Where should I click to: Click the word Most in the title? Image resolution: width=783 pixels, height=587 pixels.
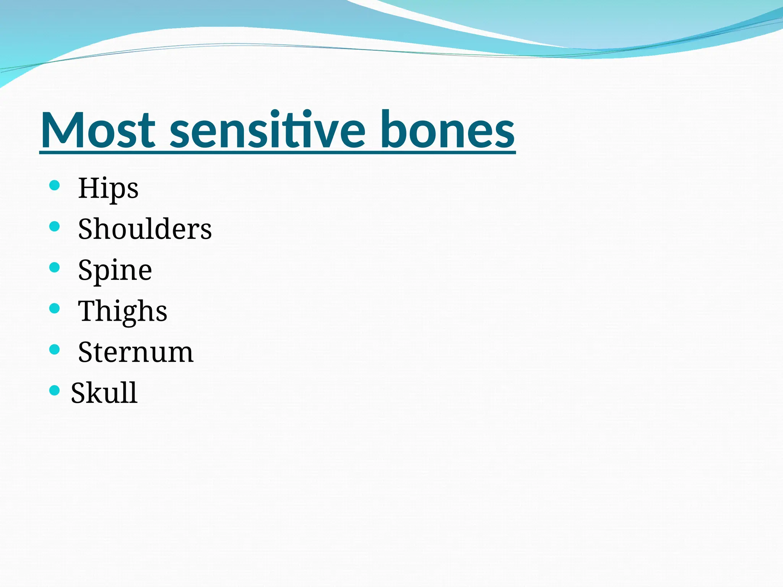pyautogui.click(x=98, y=130)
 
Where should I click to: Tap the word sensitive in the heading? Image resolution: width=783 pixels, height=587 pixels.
pyautogui.click(x=268, y=130)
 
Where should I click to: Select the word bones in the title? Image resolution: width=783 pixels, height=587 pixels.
pyautogui.click(x=448, y=130)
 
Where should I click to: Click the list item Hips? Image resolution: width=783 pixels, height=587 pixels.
pyautogui.click(x=108, y=188)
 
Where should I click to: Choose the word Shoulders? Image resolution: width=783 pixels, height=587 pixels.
pyautogui.click(x=145, y=229)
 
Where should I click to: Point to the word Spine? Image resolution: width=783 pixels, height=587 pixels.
pyautogui.click(x=115, y=271)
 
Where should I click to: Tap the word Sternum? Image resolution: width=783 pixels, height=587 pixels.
pyautogui.click(x=136, y=352)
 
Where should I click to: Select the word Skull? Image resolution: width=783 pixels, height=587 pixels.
pyautogui.click(x=104, y=393)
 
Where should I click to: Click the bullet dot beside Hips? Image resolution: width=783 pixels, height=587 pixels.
pyautogui.click(x=55, y=186)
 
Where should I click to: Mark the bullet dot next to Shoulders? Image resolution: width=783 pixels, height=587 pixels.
pyautogui.click(x=55, y=227)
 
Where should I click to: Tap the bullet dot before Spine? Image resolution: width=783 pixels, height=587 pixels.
pyautogui.click(x=55, y=268)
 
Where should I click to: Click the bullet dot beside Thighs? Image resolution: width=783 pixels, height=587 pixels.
pyautogui.click(x=55, y=308)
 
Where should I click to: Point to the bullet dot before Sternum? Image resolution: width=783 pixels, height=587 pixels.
pyautogui.click(x=55, y=349)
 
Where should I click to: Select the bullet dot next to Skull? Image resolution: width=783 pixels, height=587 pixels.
pyautogui.click(x=55, y=390)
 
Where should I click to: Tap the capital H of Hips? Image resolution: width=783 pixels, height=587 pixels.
pyautogui.click(x=87, y=188)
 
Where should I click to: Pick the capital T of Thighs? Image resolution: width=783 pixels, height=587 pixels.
pyautogui.click(x=87, y=311)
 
